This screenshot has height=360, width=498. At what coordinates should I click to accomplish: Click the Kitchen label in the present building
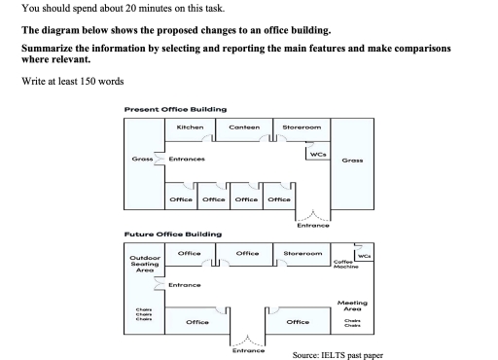190,128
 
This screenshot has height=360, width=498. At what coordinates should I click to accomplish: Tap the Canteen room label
243,128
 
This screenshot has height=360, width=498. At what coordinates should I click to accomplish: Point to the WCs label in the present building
317,154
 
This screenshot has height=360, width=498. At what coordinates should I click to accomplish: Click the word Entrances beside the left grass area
186,160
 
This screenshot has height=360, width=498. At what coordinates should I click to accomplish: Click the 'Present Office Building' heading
175,108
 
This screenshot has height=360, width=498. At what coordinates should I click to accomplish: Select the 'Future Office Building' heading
172,234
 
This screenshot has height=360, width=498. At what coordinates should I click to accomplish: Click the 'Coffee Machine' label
343,264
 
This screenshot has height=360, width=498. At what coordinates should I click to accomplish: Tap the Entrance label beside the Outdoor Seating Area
184,284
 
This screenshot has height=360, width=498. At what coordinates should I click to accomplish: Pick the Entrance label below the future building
249,350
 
